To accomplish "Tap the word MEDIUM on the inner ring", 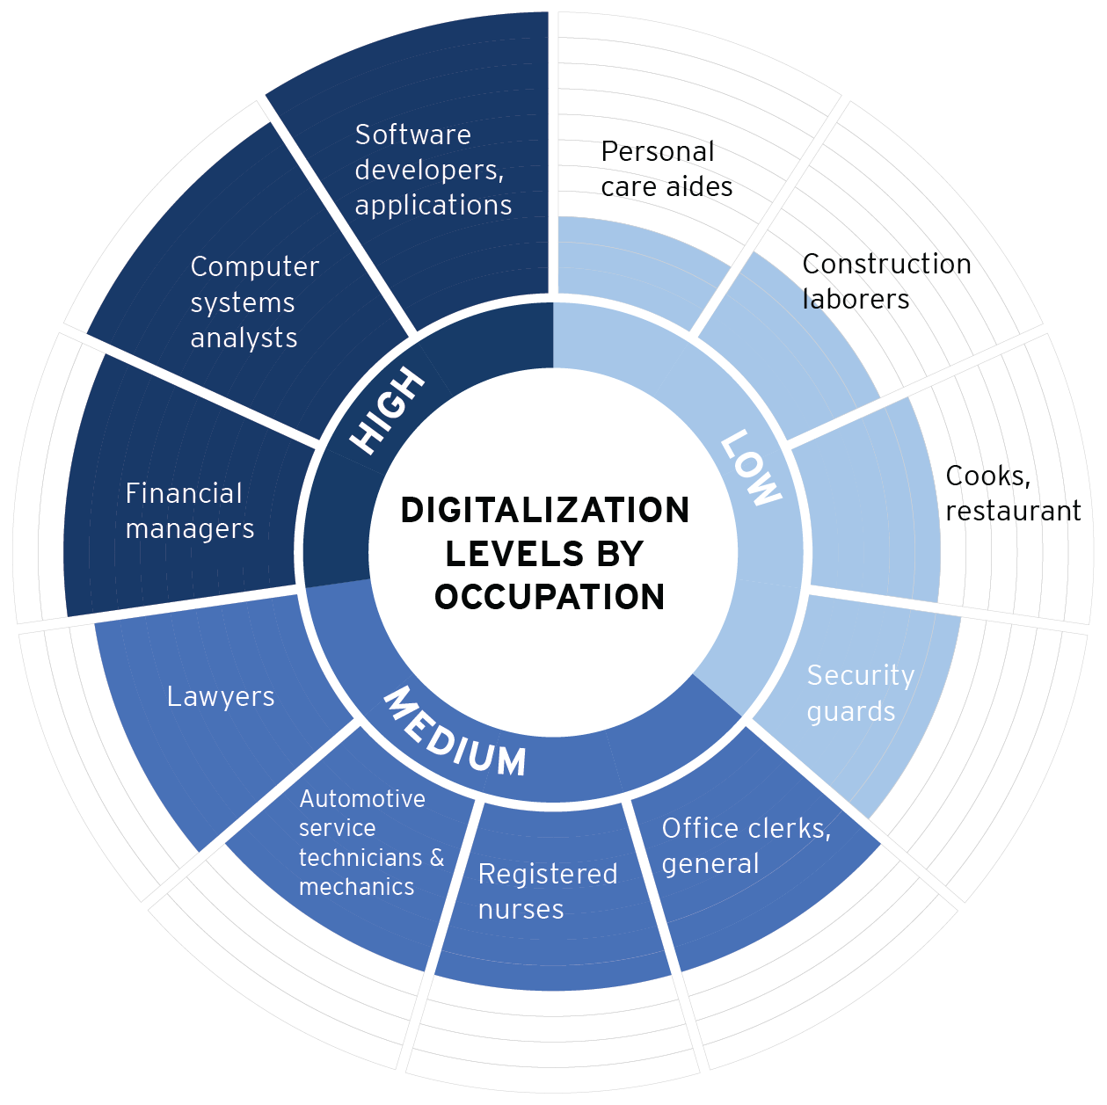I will pos(454,732).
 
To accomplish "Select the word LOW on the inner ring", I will pos(750,468).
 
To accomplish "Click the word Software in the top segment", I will pos(412,134).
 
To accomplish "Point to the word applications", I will pos(433,205).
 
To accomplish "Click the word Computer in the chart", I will pos(254,266).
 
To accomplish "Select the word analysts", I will pos(244,338).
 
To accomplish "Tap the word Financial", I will pos(184,493).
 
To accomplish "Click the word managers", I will pos(190,529).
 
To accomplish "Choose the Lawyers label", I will pos(221,696).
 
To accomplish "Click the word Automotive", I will pos(362,798).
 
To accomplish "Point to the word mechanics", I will pos(356,887).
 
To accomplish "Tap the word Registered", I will pos(548,874).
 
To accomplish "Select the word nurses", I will pos(521,909).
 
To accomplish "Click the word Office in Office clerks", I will pos(699,828).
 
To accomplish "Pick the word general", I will pos(710,864).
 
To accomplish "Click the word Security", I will pos(861,675).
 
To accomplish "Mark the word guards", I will pos(850,711).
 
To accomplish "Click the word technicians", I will pos(360,857).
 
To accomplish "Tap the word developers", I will pos(428,170).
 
